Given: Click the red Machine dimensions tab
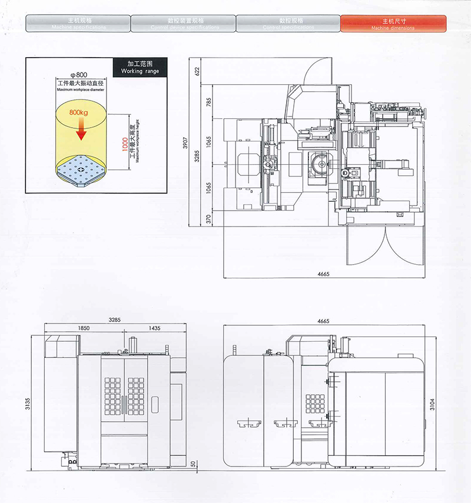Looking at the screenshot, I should pyautogui.click(x=393, y=23).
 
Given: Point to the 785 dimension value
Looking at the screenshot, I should pyautogui.click(x=208, y=101).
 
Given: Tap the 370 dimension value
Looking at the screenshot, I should pyautogui.click(x=208, y=218).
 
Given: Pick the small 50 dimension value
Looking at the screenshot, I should pyautogui.click(x=193, y=464).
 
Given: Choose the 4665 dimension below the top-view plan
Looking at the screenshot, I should pyautogui.click(x=323, y=274).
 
